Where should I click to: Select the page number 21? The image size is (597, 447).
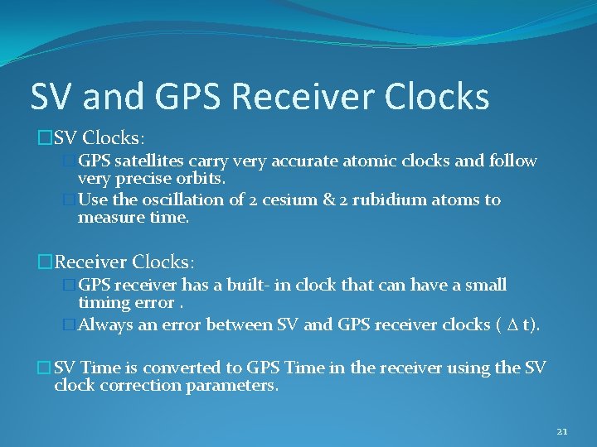[x=562, y=431]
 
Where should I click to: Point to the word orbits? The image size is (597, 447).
[x=198, y=178]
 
